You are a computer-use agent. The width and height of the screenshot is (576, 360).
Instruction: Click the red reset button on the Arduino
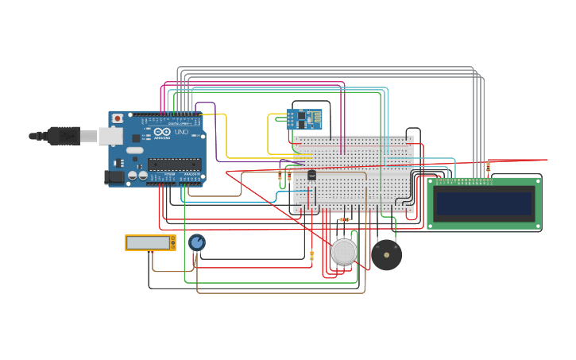pyautogui.click(x=118, y=118)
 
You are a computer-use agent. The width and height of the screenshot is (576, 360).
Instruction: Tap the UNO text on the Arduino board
pyautogui.click(x=181, y=132)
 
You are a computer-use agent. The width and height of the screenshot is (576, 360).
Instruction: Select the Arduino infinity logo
pyautogui.click(x=162, y=132)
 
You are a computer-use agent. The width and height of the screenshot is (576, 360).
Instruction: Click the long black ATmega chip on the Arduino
pyautogui.click(x=174, y=165)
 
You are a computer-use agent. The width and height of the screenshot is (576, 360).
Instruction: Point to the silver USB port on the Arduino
pyautogui.click(x=110, y=137)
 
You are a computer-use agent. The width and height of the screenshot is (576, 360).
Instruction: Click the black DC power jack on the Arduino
pyautogui.click(x=114, y=177)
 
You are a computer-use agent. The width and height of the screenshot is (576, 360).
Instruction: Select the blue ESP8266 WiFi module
pyautogui.click(x=303, y=119)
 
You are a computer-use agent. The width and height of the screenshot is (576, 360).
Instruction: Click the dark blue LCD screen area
pyautogui.click(x=484, y=204)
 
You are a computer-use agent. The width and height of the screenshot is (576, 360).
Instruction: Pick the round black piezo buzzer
pyautogui.click(x=387, y=255)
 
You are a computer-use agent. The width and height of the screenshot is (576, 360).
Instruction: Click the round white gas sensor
pyautogui.click(x=344, y=252)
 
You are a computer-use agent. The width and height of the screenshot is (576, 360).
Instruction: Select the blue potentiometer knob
pyautogui.click(x=197, y=242)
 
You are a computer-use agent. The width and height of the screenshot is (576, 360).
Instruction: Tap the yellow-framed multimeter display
pyautogui.click(x=149, y=242)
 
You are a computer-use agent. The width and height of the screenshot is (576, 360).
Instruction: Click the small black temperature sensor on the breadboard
pyautogui.click(x=311, y=174)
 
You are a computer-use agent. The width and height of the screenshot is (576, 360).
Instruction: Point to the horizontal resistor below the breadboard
pyautogui.click(x=344, y=219)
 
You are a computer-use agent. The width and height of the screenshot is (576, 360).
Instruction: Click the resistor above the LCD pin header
pyautogui.click(x=488, y=167)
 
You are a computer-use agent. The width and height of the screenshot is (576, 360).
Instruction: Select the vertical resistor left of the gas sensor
pyautogui.click(x=311, y=256)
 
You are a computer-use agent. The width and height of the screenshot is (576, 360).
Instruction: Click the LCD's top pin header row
pyautogui.click(x=463, y=181)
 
